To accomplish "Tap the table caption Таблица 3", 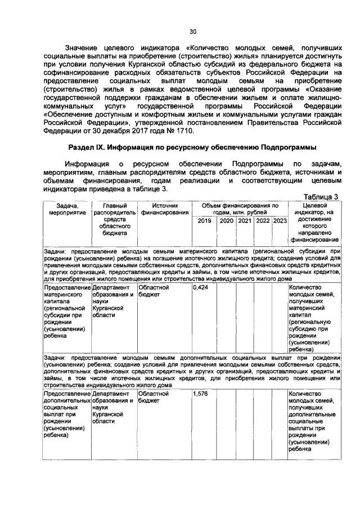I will click(321, 196).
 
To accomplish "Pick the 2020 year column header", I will click(226, 221).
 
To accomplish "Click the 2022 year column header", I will click(263, 221).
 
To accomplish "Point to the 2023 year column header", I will click(280, 221).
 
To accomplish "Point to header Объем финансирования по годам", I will click(240, 210).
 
